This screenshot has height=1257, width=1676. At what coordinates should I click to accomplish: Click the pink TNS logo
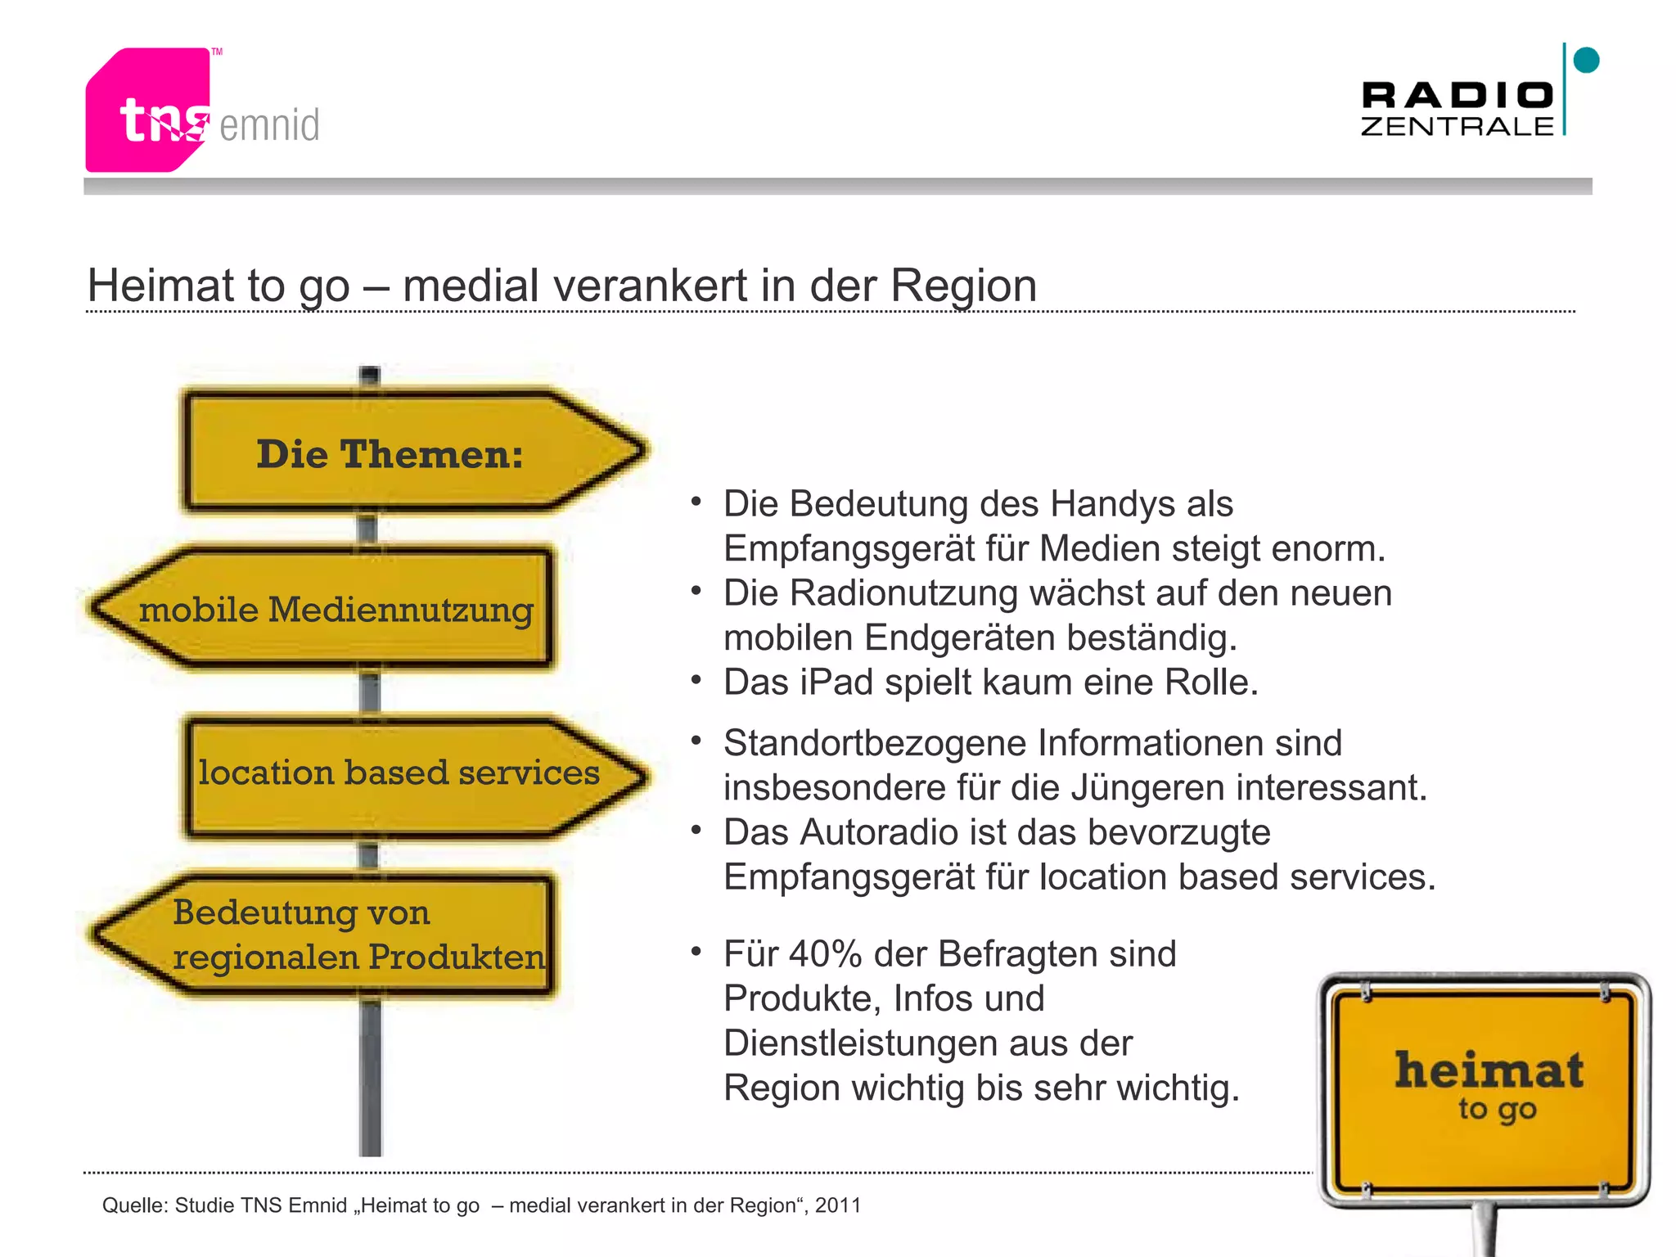147,110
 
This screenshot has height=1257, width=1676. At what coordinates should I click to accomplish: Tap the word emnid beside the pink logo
269,125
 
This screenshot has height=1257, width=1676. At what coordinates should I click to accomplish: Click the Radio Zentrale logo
1457,108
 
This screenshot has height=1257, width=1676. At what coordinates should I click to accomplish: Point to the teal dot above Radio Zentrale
1586,60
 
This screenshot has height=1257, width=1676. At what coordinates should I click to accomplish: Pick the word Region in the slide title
963,286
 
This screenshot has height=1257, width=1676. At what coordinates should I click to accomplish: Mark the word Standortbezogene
874,744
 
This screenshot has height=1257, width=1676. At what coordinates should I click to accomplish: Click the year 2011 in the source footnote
837,1205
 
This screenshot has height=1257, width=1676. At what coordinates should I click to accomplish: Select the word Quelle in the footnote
133,1205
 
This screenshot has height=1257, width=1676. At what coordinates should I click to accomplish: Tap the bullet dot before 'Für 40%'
696,951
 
